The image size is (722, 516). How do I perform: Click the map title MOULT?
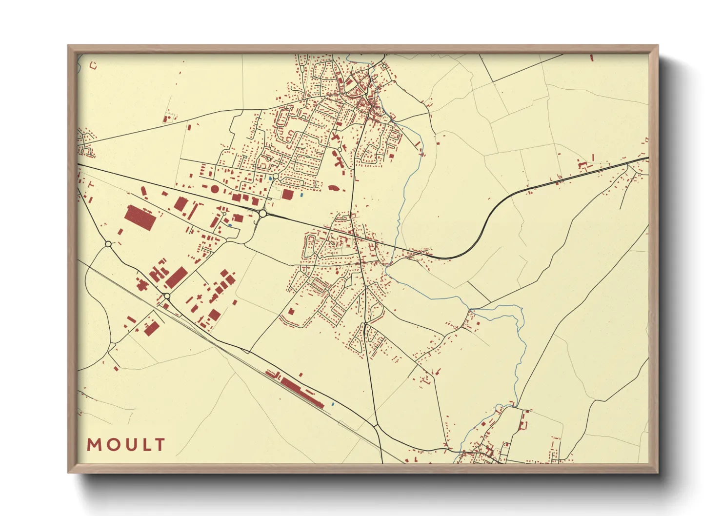[x=126, y=445]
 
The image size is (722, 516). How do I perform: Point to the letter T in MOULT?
[x=160, y=445]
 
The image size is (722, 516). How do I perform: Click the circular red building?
[x=215, y=189]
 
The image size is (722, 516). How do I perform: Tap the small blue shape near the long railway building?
[x=333, y=404]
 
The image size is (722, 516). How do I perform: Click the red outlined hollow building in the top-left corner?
[x=93, y=64]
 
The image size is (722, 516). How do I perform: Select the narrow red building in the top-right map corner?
[x=592, y=58]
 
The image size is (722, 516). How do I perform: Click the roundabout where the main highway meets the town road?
[x=263, y=214]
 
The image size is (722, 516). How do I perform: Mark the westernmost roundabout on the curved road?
[x=108, y=244]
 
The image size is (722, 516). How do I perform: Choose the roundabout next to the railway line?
[x=167, y=296]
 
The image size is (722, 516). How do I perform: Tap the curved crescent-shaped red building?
[x=334, y=188]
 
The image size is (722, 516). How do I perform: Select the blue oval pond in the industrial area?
[x=230, y=225]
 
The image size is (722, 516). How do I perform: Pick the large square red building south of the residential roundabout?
[x=288, y=195]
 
